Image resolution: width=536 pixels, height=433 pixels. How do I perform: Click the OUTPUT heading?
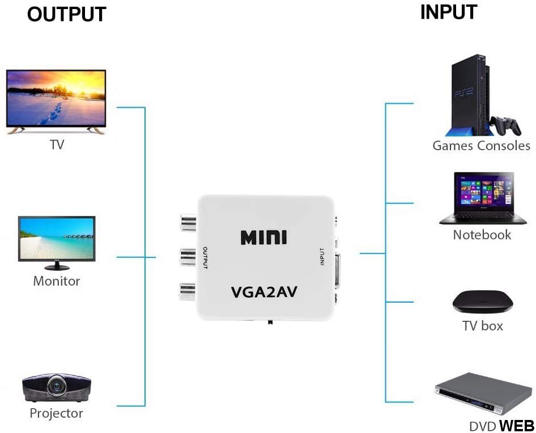click(66, 15)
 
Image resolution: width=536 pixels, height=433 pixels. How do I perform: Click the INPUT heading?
click(448, 12)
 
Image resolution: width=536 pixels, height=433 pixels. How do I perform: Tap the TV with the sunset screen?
click(56, 101)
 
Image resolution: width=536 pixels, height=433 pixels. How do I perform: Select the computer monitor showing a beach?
click(57, 238)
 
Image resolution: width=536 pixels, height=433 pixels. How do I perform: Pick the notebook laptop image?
click(483, 198)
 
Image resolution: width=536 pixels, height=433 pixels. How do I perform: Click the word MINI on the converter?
click(264, 237)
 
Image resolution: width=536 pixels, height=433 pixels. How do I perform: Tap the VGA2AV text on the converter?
click(264, 292)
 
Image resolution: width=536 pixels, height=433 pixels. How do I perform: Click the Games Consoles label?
click(481, 146)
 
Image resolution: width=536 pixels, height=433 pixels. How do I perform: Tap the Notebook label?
click(482, 235)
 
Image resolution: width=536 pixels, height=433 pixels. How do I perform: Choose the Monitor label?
click(57, 281)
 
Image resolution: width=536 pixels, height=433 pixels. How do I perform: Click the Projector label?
click(56, 414)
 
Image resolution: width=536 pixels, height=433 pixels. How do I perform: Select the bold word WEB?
click(516, 426)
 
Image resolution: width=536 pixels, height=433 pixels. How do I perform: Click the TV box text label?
click(482, 326)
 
